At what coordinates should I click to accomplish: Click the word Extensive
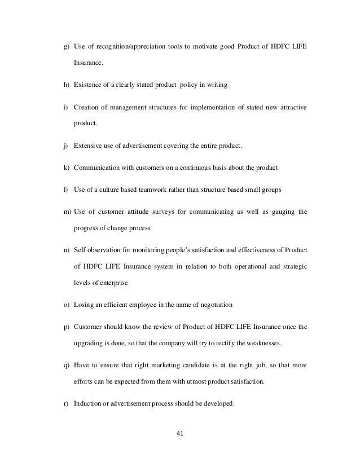(x=89, y=146)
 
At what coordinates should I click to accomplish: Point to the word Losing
(x=84, y=304)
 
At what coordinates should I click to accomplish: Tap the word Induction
(x=87, y=404)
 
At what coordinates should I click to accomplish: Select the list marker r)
(x=67, y=404)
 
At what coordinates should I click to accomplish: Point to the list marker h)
(x=67, y=85)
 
